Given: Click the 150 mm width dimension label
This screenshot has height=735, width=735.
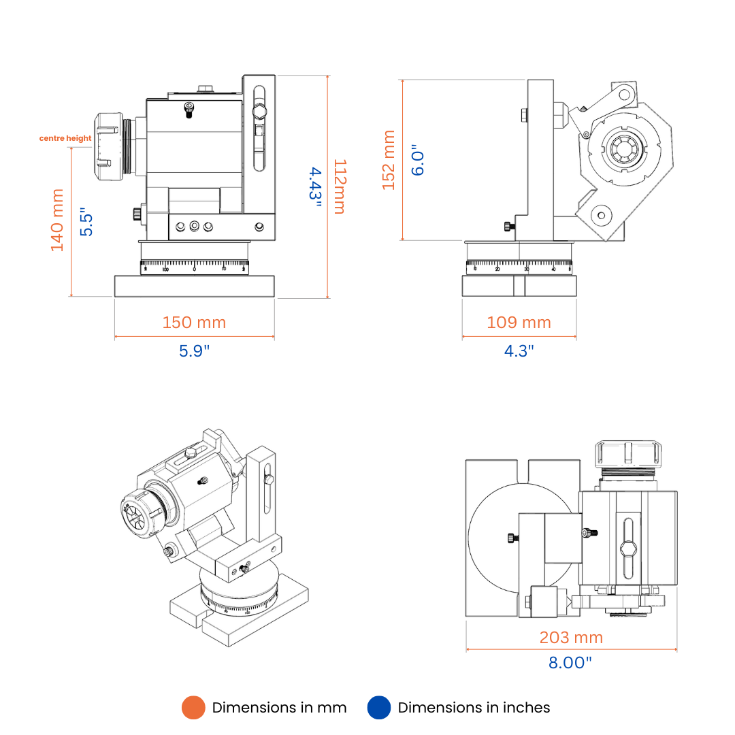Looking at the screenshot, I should tap(194, 322).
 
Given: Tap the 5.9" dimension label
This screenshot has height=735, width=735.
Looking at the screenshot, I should tap(195, 351).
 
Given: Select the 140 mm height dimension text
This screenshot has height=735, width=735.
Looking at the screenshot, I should tap(57, 220).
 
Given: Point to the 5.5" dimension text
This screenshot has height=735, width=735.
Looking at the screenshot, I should tap(86, 222).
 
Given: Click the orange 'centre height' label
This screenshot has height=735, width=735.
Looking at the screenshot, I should tap(65, 138).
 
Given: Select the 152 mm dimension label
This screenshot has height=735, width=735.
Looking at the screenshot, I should tap(389, 160).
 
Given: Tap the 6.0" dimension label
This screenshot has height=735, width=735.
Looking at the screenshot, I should tap(418, 160).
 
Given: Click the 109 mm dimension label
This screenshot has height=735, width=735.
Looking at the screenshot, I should tap(519, 322).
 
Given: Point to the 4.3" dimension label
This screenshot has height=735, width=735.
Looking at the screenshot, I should tap(519, 351).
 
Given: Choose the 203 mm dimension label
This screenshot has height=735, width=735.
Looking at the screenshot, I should tap(571, 638).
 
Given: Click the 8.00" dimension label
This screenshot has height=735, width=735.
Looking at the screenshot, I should tap(570, 662).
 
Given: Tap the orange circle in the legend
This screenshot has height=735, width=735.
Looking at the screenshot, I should tap(193, 708).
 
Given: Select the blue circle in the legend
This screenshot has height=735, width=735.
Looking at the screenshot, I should tap(379, 708).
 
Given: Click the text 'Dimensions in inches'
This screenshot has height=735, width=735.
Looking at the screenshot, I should tap(474, 708).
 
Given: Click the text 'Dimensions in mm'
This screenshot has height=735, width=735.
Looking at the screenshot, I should tap(279, 708).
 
